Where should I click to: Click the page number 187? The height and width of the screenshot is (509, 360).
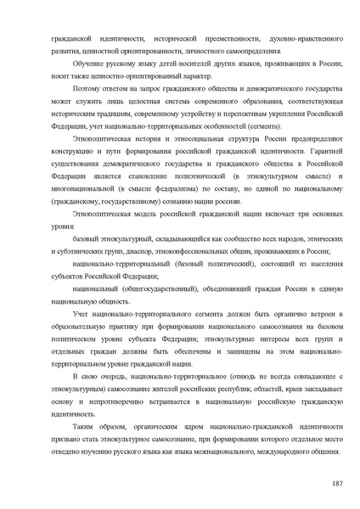point(337,481)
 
